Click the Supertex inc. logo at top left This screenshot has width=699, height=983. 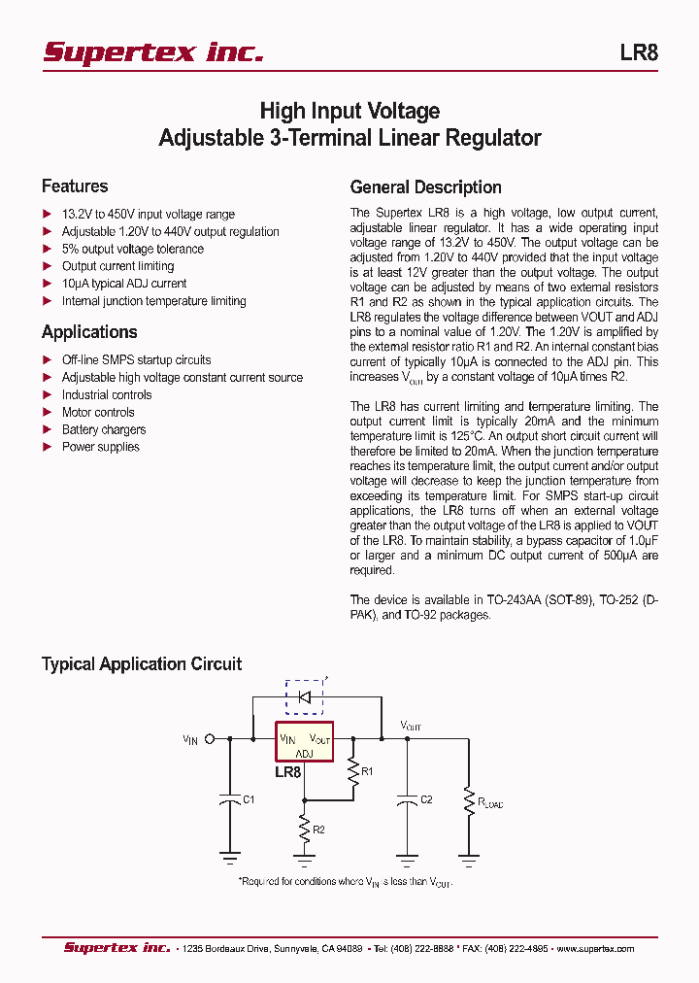pyautogui.click(x=152, y=52)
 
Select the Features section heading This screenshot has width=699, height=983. pyautogui.click(x=75, y=186)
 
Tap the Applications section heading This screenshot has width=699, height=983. pyautogui.click(x=89, y=332)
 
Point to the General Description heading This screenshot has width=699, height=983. pyautogui.click(x=425, y=187)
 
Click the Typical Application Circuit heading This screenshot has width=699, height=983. pyautogui.click(x=142, y=664)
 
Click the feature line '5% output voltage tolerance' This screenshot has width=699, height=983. pyautogui.click(x=133, y=249)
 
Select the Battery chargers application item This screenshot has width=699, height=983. pyautogui.click(x=104, y=430)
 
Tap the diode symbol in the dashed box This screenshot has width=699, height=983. pyautogui.click(x=305, y=696)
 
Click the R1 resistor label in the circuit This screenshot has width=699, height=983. pyautogui.click(x=367, y=772)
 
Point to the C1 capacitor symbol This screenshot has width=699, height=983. pyautogui.click(x=230, y=800)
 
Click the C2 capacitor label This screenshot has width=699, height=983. pyautogui.click(x=426, y=799)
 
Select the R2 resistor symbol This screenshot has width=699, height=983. pyautogui.click(x=305, y=828)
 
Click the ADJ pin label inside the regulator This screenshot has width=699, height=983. pyautogui.click(x=305, y=753)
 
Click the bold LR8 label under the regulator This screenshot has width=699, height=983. pyautogui.click(x=288, y=773)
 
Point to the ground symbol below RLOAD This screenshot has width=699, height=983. pyautogui.click(x=469, y=859)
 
